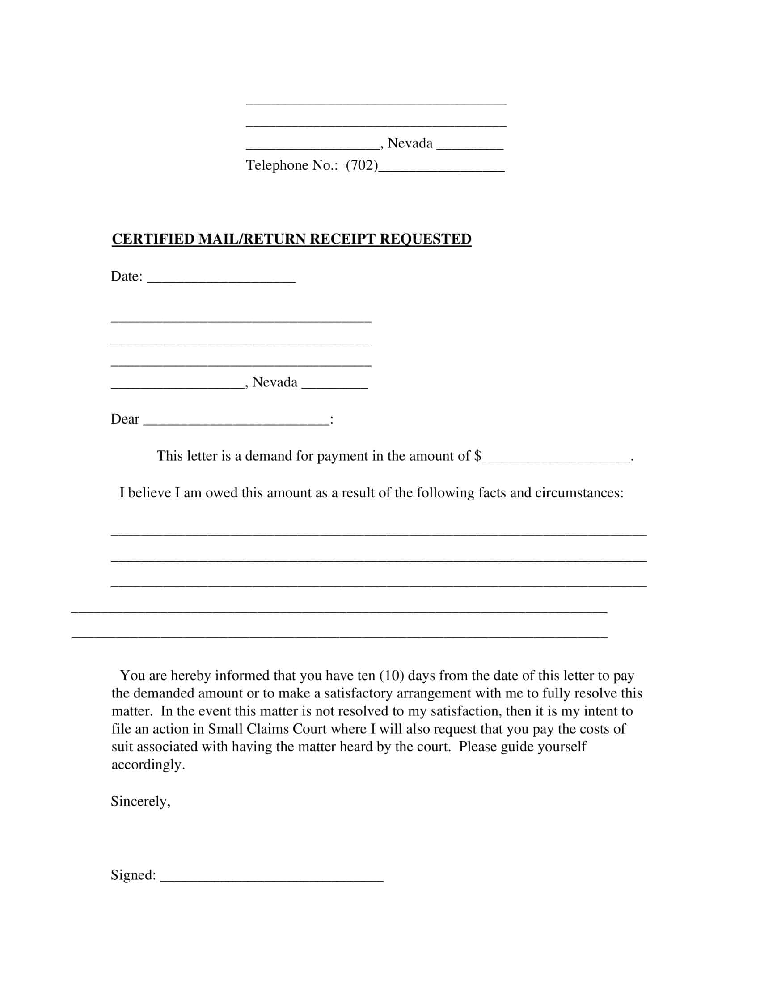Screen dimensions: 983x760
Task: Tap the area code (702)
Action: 362,166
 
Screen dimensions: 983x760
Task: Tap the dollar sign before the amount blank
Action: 478,456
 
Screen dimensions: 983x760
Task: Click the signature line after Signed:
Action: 271,887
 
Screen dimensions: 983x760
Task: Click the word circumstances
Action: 579,493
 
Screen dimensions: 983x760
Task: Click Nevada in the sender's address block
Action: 410,143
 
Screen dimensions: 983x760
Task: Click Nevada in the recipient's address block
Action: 274,382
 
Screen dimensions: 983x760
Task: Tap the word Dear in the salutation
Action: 125,419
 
